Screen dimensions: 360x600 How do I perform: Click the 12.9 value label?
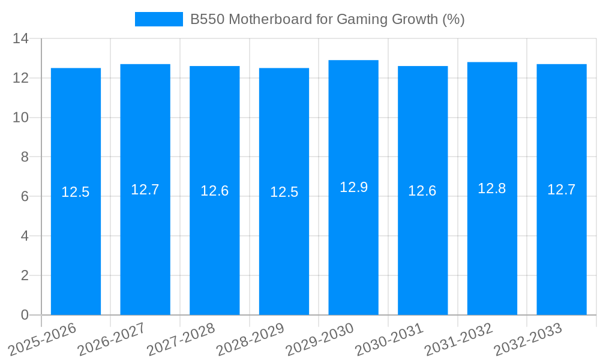pos(353,187)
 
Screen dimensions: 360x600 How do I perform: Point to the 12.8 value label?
pos(492,188)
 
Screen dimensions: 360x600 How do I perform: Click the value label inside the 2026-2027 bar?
pos(145,190)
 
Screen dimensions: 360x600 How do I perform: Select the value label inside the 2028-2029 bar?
pos(284,192)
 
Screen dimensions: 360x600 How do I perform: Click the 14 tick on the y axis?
pos(21,39)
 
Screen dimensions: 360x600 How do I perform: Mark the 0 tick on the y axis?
pos(25,315)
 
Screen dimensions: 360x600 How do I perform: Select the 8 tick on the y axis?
pos(25,157)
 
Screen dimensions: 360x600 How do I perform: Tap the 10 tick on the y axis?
pos(21,118)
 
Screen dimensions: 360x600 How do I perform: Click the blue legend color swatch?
pos(159,19)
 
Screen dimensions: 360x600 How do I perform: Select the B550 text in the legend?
pos(207,19)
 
